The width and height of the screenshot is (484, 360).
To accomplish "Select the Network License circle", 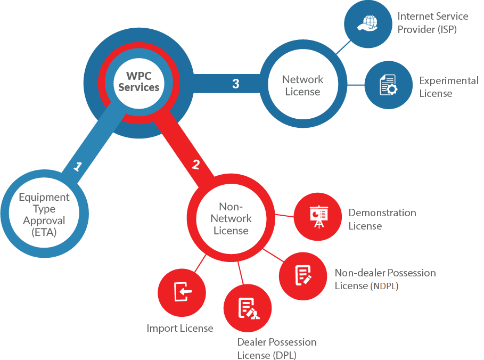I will tap(302, 85).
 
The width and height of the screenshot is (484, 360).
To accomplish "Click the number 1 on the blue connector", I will tap(78, 167).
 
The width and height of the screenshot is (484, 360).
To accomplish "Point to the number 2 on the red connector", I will tap(195, 165).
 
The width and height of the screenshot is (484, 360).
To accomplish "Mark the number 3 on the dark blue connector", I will tap(235, 84).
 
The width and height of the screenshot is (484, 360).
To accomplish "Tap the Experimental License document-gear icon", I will tap(388, 85).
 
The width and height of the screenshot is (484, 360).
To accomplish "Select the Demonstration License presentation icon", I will tap(318, 216).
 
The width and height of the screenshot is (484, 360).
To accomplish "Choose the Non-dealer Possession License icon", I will tap(303, 276).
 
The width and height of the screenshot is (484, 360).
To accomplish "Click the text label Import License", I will tap(180, 328).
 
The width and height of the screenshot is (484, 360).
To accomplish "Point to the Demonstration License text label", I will tap(382, 219).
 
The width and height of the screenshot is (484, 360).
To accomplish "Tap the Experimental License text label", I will tap(448, 87).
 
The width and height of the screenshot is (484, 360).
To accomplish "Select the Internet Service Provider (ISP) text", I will tap(432, 23).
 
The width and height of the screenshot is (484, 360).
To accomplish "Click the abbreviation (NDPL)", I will tap(384, 286).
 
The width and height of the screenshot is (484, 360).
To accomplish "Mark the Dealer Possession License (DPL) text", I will tap(276, 348).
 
